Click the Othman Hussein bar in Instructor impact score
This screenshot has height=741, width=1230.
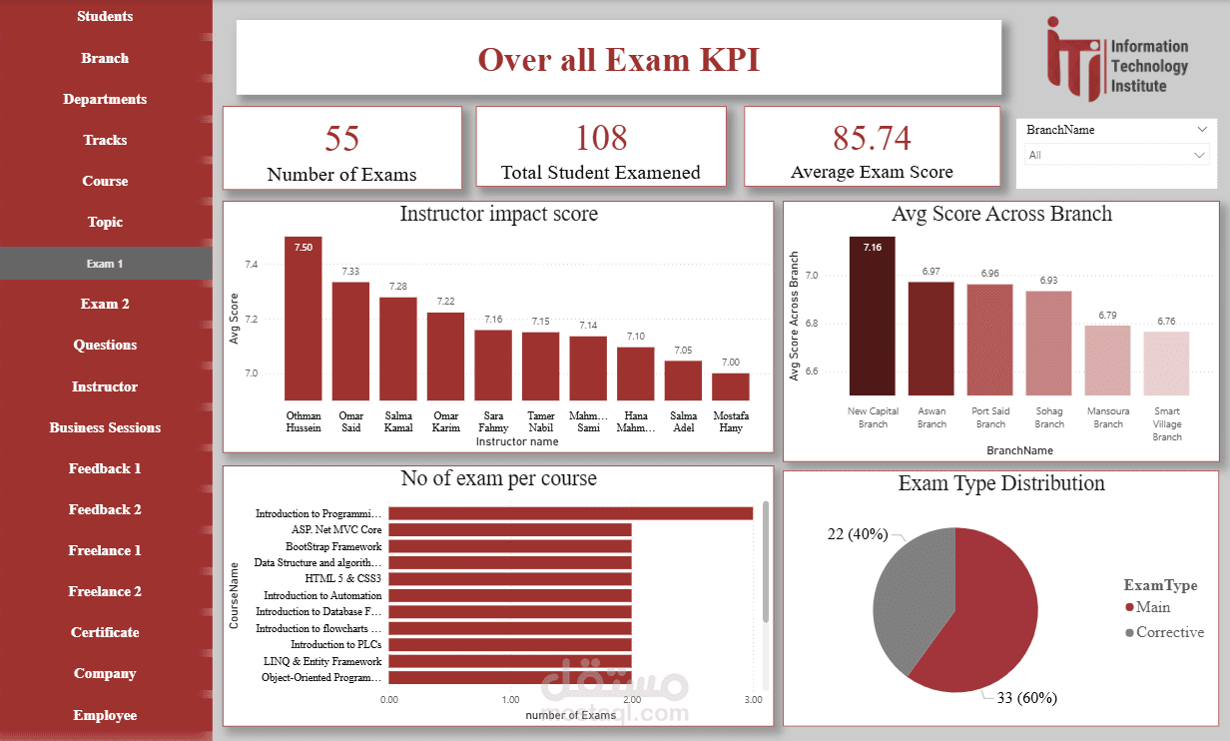tap(304, 320)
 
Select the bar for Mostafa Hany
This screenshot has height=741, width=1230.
tap(730, 387)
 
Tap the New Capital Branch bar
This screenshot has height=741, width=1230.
tap(873, 317)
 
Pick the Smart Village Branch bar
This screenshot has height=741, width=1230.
tap(1166, 364)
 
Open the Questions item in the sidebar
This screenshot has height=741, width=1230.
tap(105, 346)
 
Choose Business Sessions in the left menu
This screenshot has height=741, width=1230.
tap(105, 427)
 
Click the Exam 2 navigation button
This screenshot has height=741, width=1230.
tap(105, 305)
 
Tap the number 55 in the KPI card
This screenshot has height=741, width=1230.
tap(341, 139)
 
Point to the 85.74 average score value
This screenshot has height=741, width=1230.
tap(872, 139)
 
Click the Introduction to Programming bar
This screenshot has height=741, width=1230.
tap(570, 513)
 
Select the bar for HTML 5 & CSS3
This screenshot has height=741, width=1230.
tap(509, 579)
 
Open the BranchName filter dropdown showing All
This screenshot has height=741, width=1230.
tap(1116, 155)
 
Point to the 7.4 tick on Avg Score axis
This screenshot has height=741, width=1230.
tap(250, 266)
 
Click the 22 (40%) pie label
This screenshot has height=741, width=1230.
tap(859, 534)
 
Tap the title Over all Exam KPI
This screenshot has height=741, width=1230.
tap(618, 59)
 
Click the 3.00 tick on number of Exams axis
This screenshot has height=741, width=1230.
tap(753, 700)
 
